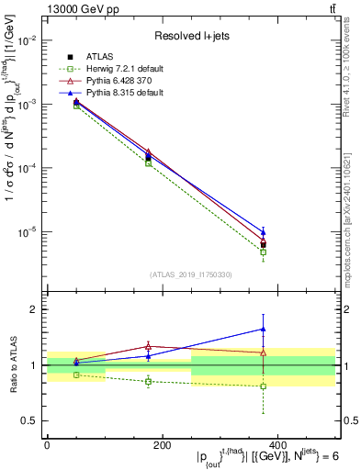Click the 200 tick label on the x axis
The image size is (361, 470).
click(x=162, y=444)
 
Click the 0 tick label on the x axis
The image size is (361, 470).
click(x=47, y=444)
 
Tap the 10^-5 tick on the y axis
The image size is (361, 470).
click(x=28, y=232)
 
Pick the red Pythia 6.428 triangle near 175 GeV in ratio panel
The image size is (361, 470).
click(x=149, y=346)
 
